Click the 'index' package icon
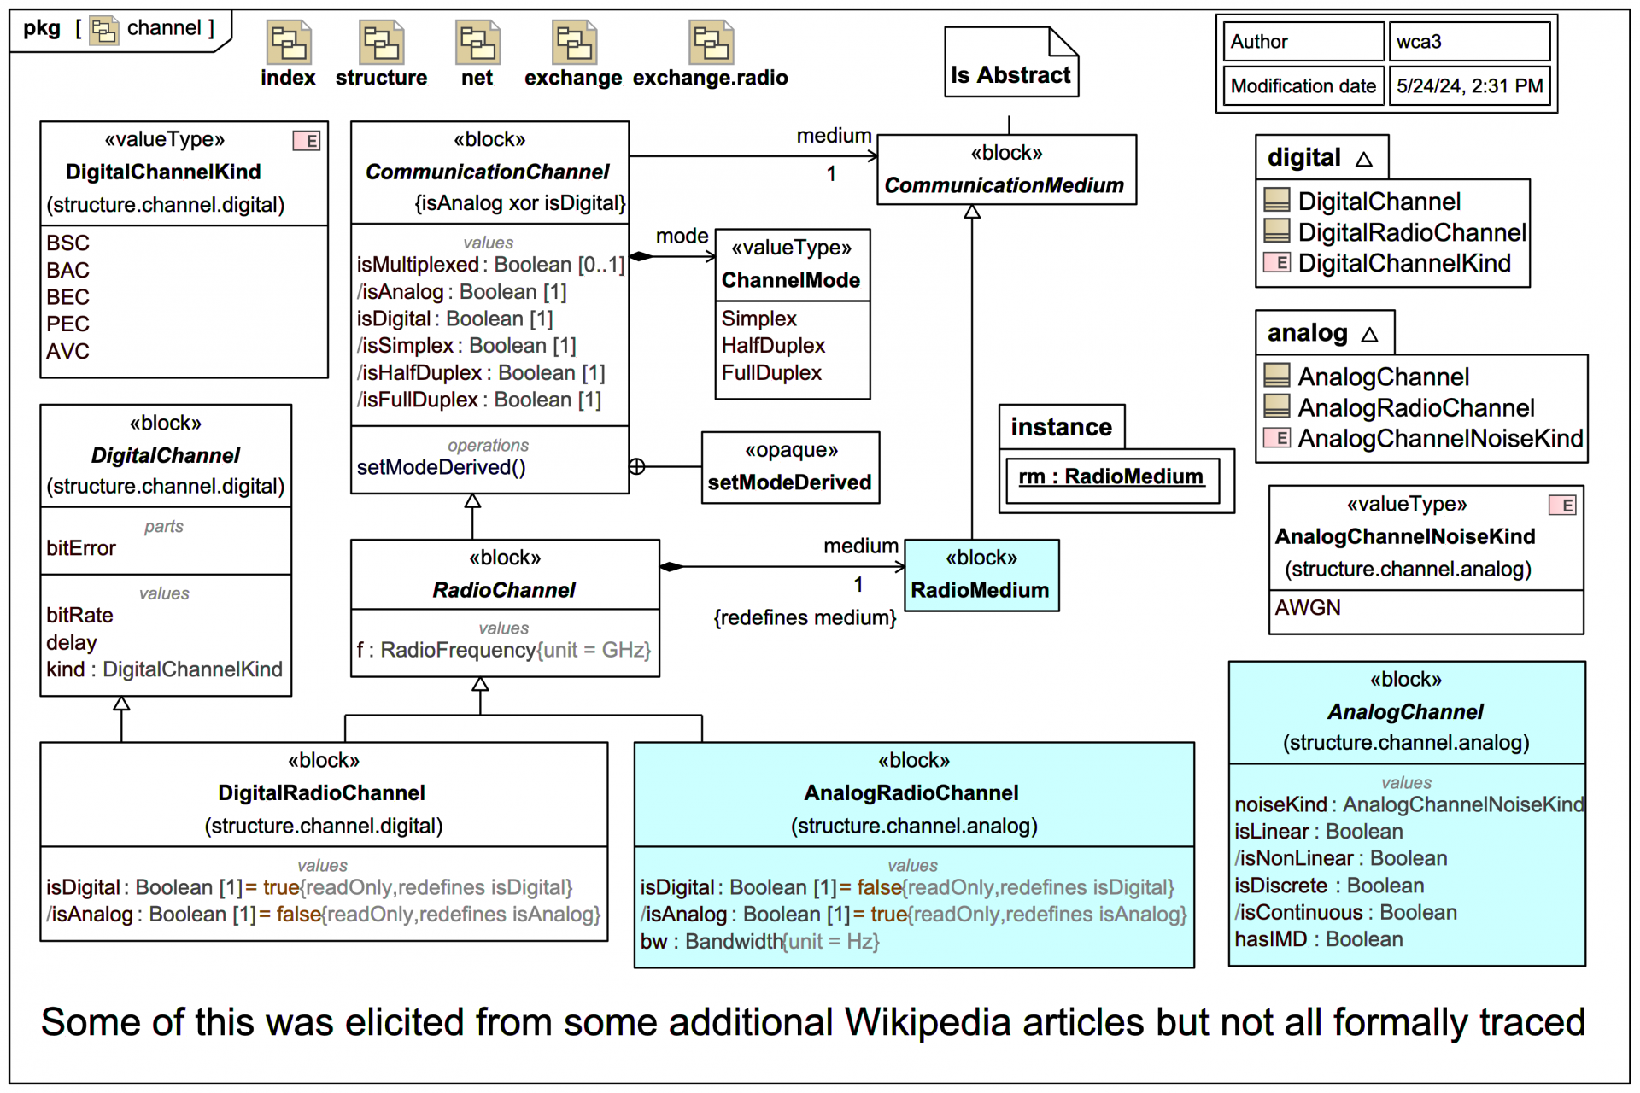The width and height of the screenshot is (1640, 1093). [x=289, y=43]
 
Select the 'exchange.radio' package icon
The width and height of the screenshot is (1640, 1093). [x=711, y=43]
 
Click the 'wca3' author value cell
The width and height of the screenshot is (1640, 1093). [x=1468, y=42]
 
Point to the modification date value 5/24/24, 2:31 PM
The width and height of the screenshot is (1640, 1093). [x=1468, y=86]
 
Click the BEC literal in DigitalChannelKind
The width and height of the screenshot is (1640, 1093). [x=68, y=297]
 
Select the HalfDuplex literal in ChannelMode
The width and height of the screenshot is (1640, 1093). [x=773, y=346]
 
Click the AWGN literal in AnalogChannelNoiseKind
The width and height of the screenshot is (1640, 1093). [x=1308, y=608]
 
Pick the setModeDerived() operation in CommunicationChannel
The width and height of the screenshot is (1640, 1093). [x=441, y=468]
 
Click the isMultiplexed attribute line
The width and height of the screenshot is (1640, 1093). [x=490, y=265]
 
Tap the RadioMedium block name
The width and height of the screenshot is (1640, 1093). [x=980, y=590]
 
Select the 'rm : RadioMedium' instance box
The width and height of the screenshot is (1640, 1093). [x=1111, y=477]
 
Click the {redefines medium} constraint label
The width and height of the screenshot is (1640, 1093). [x=805, y=617]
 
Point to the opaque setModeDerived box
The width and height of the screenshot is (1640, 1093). [x=790, y=468]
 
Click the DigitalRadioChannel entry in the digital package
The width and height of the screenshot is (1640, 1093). [x=1411, y=232]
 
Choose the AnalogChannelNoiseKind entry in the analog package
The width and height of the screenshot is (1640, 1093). [x=1439, y=439]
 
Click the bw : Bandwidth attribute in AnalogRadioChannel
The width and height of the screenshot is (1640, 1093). [x=759, y=942]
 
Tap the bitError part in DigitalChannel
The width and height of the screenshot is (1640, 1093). [x=81, y=548]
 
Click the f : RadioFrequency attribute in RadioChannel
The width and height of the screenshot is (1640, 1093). [x=503, y=651]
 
